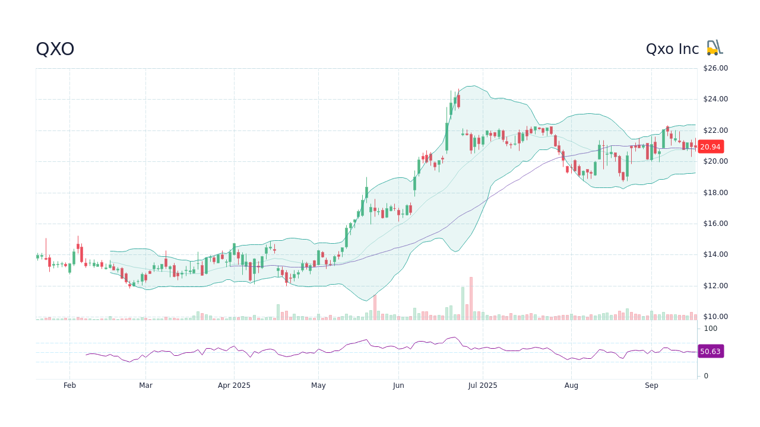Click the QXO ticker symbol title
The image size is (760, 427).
(x=55, y=49)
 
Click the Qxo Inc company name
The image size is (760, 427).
(x=672, y=49)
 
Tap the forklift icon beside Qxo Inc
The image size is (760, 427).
(x=715, y=48)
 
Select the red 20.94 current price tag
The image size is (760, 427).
(x=710, y=146)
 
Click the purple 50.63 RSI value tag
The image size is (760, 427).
(x=710, y=352)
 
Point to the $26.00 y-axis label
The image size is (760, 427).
(x=715, y=68)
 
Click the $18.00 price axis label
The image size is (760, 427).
(x=715, y=193)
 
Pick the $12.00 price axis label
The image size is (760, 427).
(x=715, y=286)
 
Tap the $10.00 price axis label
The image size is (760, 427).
(x=715, y=317)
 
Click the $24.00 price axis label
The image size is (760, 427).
(x=715, y=99)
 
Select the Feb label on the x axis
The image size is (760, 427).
(x=69, y=385)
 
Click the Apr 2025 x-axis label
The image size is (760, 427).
(x=234, y=385)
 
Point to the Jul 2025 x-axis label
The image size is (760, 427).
(x=483, y=385)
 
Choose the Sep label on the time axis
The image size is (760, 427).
(x=651, y=385)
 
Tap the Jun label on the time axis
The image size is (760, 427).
(x=398, y=385)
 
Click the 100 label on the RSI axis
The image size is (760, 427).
(x=710, y=329)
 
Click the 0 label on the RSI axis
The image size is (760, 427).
(x=706, y=376)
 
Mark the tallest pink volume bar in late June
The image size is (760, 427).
(x=471, y=299)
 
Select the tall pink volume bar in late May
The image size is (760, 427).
(x=375, y=307)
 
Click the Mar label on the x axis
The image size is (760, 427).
(x=145, y=385)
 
